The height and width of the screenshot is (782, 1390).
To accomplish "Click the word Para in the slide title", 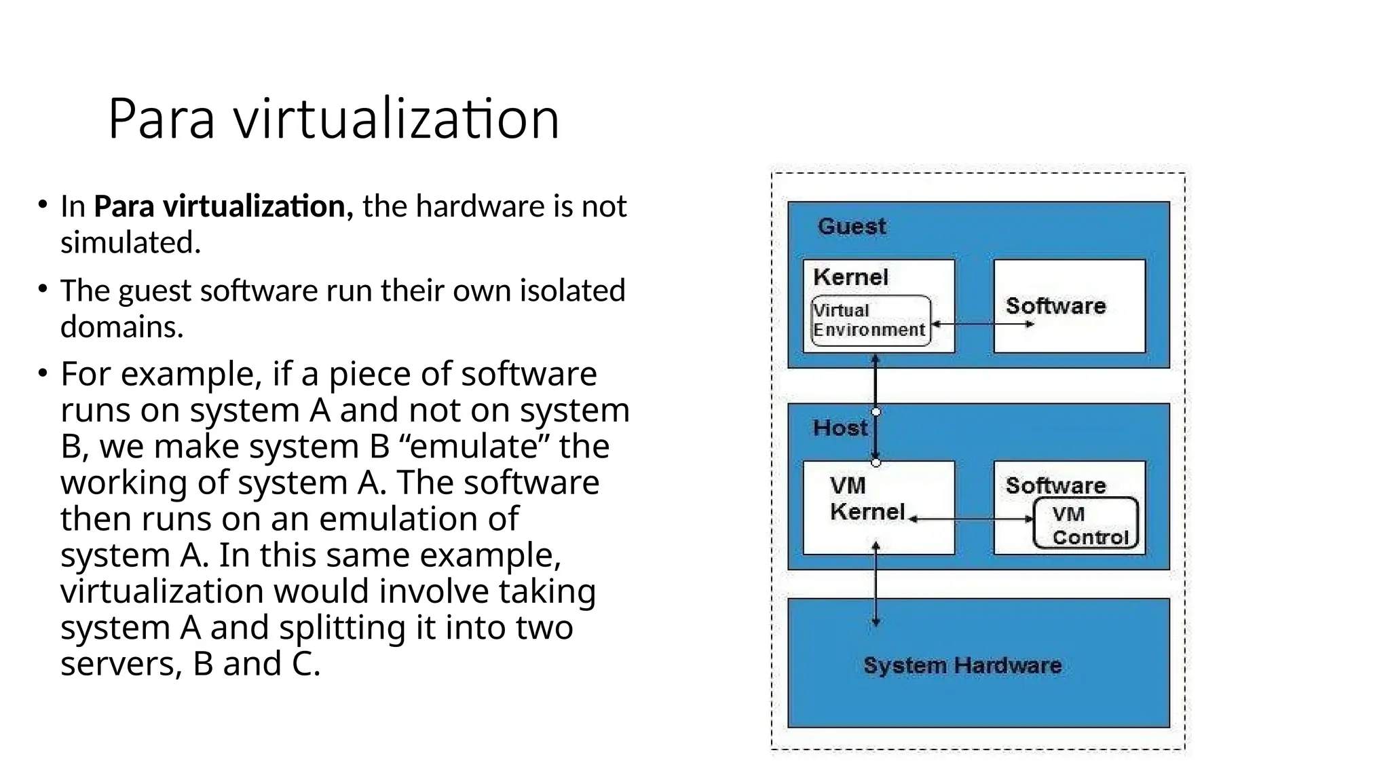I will tap(162, 119).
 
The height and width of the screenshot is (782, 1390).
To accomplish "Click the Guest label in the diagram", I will tap(851, 226).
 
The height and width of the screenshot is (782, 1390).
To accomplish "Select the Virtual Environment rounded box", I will tap(870, 320).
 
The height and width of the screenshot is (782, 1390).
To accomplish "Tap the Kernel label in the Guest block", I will tap(850, 277).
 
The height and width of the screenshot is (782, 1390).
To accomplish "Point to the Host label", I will tap(840, 428).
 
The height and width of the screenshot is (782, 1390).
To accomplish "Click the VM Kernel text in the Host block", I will tap(866, 499).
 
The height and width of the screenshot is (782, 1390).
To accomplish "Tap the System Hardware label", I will tap(962, 665).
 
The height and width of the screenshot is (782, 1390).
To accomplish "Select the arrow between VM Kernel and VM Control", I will tap(971, 519).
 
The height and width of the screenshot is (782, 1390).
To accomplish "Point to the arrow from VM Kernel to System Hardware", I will tap(876, 584).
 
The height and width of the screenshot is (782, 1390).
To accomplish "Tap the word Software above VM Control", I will tap(1055, 485).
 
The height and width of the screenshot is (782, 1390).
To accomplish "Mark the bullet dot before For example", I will tap(43, 373).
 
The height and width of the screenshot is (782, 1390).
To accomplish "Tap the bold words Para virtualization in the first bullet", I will tap(223, 206).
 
